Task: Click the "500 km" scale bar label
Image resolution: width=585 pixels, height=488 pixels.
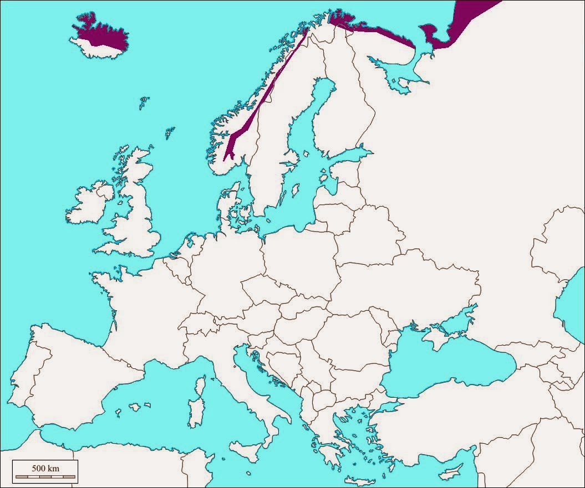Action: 45,469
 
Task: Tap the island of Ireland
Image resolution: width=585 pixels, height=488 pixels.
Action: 89,202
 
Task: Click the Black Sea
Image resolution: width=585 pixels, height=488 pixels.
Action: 444,366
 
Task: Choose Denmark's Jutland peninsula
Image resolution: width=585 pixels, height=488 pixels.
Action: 226,208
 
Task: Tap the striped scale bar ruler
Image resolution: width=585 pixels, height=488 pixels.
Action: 45,476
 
